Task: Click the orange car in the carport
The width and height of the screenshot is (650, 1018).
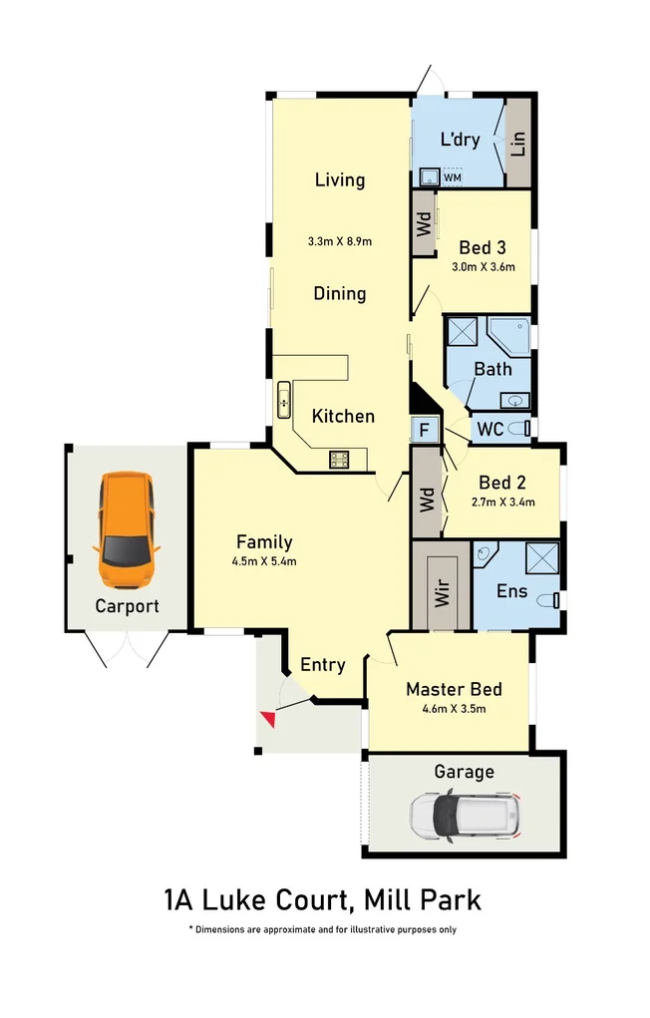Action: [x=126, y=529]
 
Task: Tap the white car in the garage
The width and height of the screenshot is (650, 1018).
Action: [x=467, y=815]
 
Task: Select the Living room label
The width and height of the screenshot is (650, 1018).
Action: [x=340, y=180]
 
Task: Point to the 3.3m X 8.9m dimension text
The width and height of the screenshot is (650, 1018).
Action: [x=340, y=242]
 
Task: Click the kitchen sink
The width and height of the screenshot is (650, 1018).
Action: [x=284, y=401]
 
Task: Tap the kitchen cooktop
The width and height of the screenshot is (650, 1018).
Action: [x=340, y=460]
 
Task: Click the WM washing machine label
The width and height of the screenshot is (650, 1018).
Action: [x=452, y=177]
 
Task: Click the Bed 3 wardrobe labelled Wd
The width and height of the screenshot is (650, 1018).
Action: [x=423, y=221]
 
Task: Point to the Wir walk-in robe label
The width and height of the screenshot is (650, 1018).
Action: [x=442, y=596]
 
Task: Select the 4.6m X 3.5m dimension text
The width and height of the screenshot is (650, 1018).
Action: [x=453, y=710]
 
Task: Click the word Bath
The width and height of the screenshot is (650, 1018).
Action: [x=492, y=369]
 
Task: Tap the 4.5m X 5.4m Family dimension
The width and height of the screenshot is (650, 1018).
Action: [x=264, y=560]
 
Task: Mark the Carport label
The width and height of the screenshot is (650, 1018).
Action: [x=127, y=605]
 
